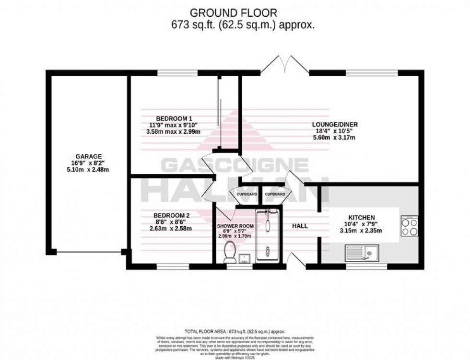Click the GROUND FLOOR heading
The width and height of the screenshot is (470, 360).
pyautogui.click(x=235, y=12)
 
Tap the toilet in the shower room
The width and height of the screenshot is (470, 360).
pyautogui.click(x=230, y=251)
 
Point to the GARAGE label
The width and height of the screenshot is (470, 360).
pyautogui.click(x=88, y=156)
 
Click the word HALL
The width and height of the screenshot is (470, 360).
pyautogui.click(x=300, y=226)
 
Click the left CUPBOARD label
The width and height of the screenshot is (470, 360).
pyautogui.click(x=246, y=194)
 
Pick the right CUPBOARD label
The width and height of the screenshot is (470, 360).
pyautogui.click(x=275, y=194)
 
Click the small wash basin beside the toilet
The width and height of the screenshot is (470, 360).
pyautogui.click(x=245, y=258)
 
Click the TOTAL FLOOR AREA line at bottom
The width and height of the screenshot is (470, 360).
pyautogui.click(x=235, y=331)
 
